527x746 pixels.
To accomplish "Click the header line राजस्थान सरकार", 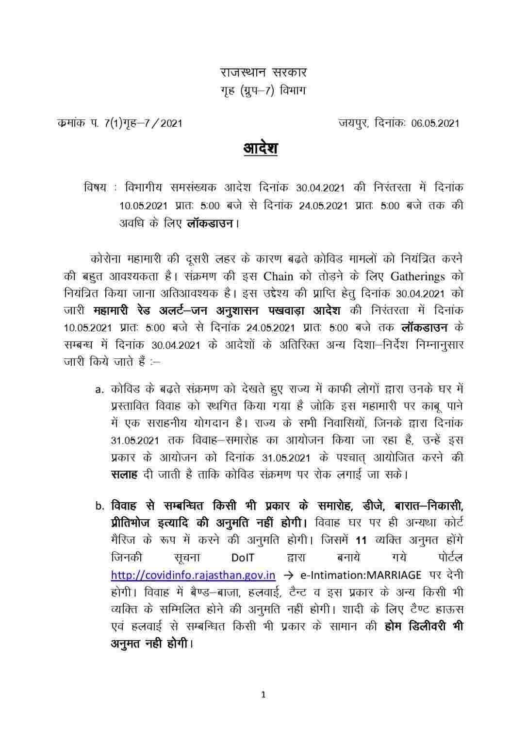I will click(x=263, y=73).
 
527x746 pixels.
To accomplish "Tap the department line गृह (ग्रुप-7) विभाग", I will click(x=263, y=91).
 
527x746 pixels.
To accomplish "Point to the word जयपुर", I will click(x=354, y=123).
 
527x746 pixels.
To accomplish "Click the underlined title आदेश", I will click(x=260, y=148).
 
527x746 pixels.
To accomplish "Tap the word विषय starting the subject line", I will click(x=95, y=187).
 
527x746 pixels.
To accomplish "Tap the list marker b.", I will click(x=99, y=506).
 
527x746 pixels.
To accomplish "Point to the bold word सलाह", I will click(x=124, y=475).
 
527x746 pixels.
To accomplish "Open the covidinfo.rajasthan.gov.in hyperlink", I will click(x=193, y=575).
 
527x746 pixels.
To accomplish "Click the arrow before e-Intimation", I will click(x=288, y=575).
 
